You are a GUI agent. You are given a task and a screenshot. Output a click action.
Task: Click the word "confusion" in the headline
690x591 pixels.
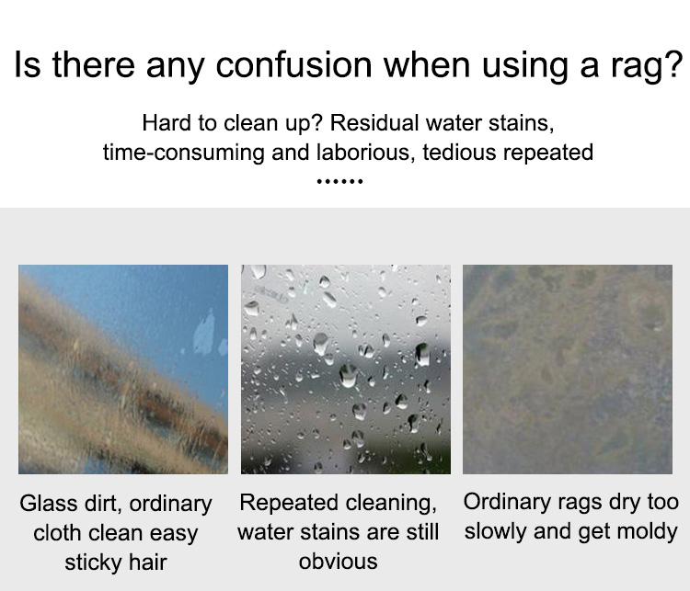(294, 64)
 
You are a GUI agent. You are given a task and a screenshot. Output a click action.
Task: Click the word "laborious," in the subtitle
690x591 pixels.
(365, 153)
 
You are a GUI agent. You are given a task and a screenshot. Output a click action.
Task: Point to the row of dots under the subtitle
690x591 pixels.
(339, 181)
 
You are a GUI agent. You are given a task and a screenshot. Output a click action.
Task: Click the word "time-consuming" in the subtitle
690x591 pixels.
(184, 153)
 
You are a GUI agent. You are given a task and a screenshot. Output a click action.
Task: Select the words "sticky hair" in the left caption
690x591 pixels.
(116, 563)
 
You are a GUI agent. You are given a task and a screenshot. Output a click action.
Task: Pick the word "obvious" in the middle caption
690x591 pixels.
(338, 562)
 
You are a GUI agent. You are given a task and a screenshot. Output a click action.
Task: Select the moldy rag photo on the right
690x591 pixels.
(568, 369)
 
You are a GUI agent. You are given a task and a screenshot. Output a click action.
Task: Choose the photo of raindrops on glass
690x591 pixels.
(346, 369)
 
